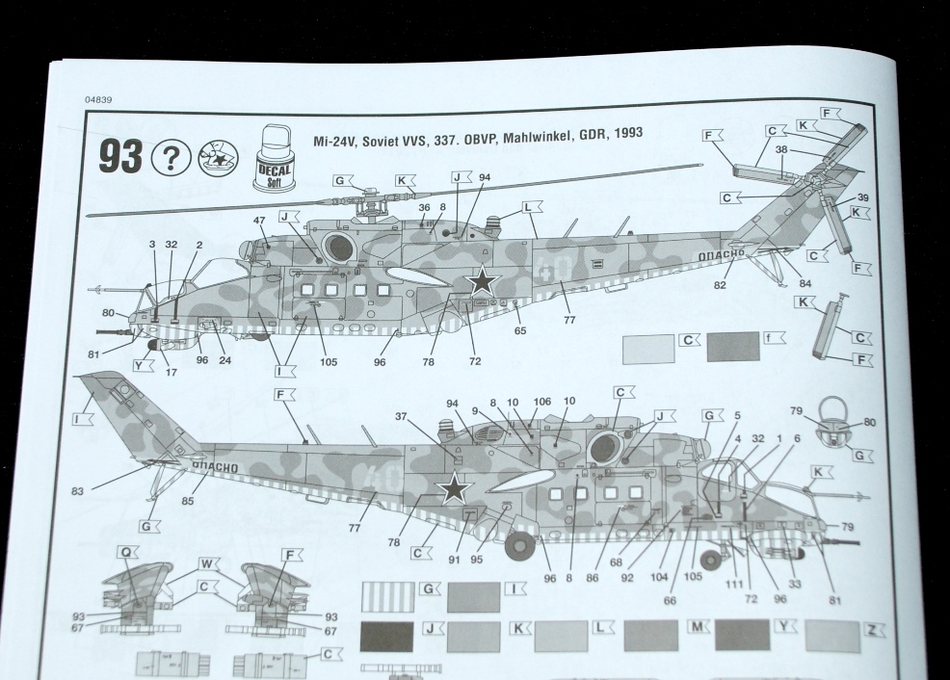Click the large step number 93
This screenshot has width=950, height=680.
pyautogui.click(x=121, y=156)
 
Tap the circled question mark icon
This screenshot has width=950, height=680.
pyautogui.click(x=171, y=158)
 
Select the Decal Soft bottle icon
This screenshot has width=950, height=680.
pyautogui.click(x=275, y=158)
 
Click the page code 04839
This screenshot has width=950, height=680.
pyautogui.click(x=98, y=100)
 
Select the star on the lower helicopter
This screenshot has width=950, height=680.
pyautogui.click(x=455, y=487)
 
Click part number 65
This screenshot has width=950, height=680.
pyautogui.click(x=520, y=330)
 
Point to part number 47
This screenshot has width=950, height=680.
pyautogui.click(x=260, y=221)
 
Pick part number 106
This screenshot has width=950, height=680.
pyautogui.click(x=542, y=402)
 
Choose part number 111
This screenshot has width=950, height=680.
pyautogui.click(x=734, y=583)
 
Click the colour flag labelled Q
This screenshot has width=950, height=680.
pyautogui.click(x=127, y=552)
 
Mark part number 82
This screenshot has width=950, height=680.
pyautogui.click(x=720, y=285)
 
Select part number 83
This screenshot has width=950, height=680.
pyautogui.click(x=77, y=491)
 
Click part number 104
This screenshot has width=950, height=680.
pyautogui.click(x=659, y=577)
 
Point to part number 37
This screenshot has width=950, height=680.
pyautogui.click(x=402, y=416)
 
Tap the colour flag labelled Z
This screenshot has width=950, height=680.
pyautogui.click(x=874, y=630)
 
